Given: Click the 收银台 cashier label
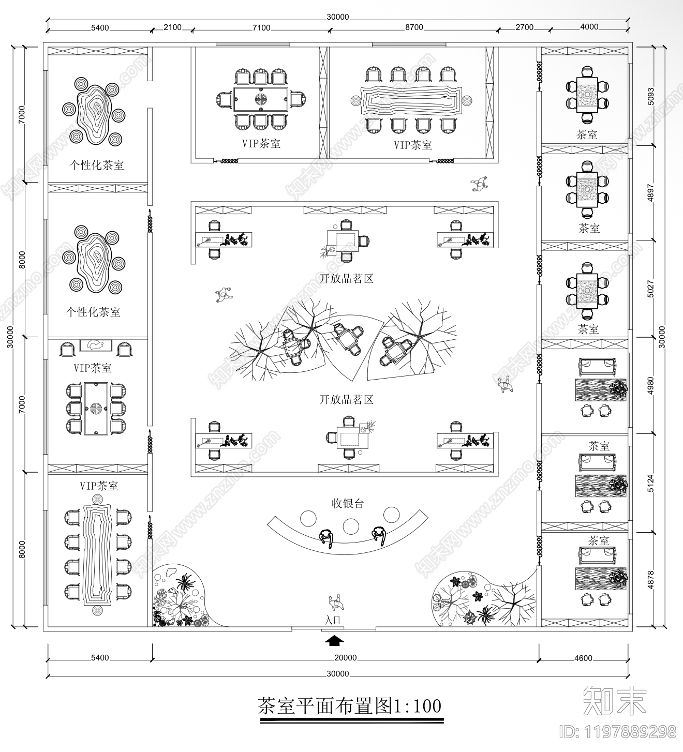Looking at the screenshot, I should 348,503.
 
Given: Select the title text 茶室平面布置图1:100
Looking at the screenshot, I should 350,706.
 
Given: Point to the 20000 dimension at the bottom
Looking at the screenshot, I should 345,658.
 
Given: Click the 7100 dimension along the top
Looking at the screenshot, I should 261,27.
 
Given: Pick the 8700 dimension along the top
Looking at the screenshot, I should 414,27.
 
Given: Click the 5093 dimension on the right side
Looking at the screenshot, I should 651,96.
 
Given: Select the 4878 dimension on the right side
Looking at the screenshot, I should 651,580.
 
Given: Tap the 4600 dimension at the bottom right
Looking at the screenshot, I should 583,658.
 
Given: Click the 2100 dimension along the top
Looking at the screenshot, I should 172,27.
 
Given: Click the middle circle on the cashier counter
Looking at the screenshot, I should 351,527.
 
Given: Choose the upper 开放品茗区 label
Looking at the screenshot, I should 346,279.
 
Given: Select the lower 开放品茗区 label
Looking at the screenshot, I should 346,400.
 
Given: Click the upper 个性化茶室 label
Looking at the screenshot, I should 97,166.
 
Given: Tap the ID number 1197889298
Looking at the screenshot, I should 618,731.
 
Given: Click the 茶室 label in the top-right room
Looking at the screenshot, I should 587,135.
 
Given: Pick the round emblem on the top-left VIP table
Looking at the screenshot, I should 261,99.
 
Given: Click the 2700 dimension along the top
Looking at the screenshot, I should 524,27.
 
